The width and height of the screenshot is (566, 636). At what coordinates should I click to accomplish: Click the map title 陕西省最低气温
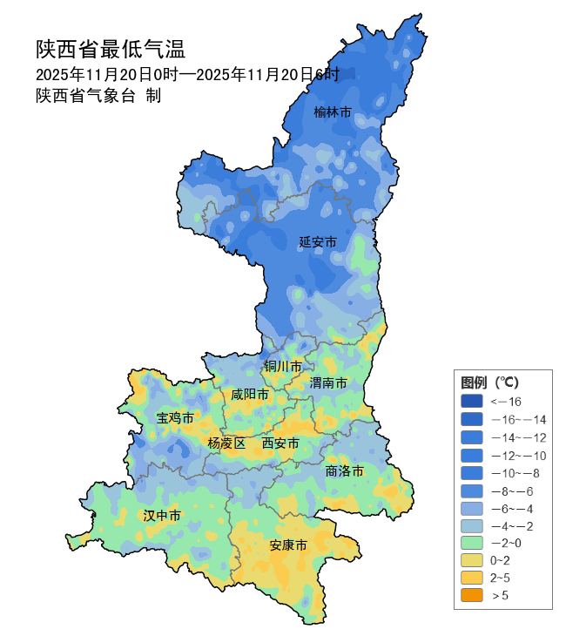click(111, 49)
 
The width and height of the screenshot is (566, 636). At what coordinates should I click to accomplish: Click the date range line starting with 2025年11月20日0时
click(186, 74)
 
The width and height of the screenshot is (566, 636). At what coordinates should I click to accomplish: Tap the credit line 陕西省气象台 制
click(98, 96)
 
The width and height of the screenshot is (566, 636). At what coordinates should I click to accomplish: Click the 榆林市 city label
click(333, 112)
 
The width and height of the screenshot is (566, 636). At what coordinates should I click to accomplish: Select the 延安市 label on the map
click(318, 242)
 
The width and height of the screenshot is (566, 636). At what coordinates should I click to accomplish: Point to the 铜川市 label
click(283, 367)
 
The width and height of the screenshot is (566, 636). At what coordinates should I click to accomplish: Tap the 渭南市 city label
click(328, 383)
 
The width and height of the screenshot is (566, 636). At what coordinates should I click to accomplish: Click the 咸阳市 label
click(249, 395)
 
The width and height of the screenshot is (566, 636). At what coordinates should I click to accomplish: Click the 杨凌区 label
click(226, 443)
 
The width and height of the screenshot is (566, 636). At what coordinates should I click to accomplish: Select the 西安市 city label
click(280, 443)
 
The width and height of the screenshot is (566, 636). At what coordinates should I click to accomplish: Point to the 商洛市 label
click(344, 471)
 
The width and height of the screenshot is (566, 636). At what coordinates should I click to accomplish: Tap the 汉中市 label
click(162, 516)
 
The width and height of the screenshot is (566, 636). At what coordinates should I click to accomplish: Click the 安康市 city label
click(287, 546)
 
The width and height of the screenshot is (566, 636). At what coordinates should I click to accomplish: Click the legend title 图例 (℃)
click(489, 382)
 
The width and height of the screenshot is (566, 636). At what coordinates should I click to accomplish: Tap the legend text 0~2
click(500, 560)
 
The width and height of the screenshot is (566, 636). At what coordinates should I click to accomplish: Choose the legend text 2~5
click(500, 578)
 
